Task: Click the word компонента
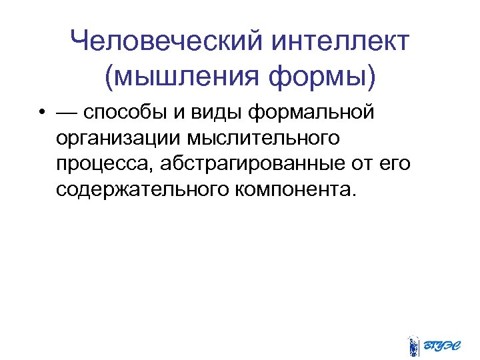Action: [x=295, y=189]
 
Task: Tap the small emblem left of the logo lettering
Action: [x=413, y=344]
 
